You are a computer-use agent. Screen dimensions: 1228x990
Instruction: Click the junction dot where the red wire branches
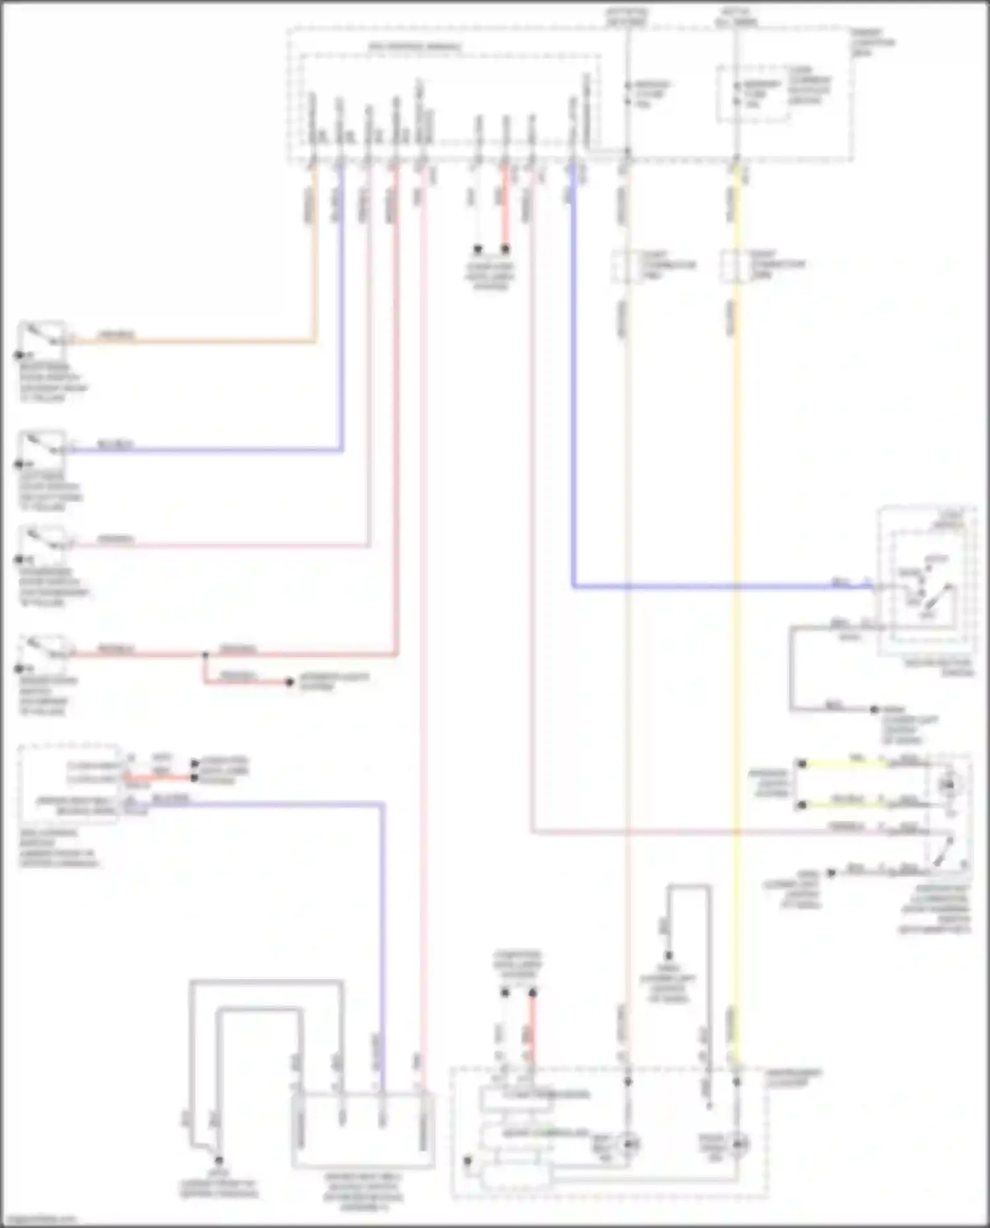coord(205,655)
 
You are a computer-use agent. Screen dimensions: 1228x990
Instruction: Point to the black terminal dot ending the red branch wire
coord(289,682)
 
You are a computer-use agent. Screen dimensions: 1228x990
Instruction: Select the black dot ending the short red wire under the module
coord(505,249)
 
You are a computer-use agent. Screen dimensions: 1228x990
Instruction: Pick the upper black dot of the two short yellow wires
coord(802,763)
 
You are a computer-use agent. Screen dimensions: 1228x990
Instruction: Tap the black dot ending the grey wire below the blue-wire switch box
coord(874,709)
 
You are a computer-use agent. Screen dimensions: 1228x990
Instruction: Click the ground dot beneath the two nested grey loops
coord(218,1160)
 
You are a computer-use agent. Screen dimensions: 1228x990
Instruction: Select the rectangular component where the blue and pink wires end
coord(362,1130)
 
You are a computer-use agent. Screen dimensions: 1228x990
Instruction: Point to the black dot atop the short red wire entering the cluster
coord(532,992)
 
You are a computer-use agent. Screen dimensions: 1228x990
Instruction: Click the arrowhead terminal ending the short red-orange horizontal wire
coord(195,778)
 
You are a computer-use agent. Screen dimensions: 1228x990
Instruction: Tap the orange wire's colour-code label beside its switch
coord(116,335)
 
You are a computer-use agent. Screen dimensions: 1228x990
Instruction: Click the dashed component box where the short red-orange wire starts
coord(69,784)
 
